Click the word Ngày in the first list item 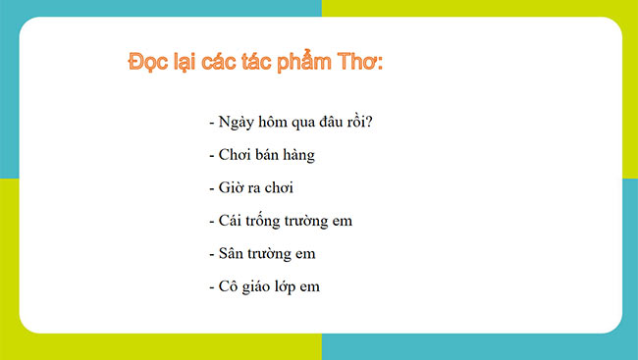(240, 123)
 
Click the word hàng (300, 155)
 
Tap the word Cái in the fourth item (231, 221)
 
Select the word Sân (232, 253)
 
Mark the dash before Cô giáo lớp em (211, 287)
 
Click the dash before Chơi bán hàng (211, 156)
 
